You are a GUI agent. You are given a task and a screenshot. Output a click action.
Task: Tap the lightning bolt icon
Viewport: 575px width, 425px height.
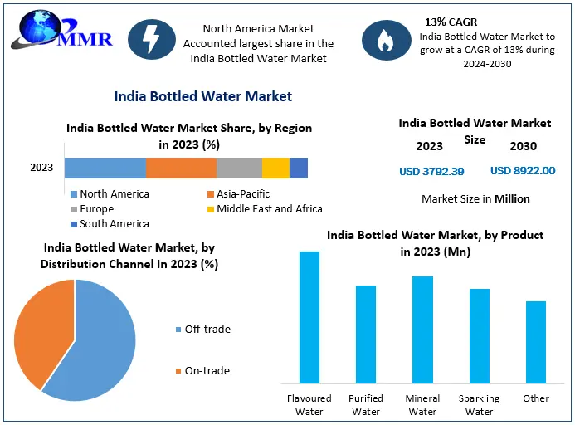pyautogui.click(x=152, y=39)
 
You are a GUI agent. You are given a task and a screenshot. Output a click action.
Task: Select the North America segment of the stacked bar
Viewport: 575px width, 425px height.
pyautogui.click(x=105, y=168)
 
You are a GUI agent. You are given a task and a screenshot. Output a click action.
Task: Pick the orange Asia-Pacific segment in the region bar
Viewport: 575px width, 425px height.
pyautogui.click(x=181, y=168)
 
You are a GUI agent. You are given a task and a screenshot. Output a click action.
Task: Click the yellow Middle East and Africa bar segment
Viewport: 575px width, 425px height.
pyautogui.click(x=275, y=168)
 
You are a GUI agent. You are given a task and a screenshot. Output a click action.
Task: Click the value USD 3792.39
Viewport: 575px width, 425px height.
pyautogui.click(x=431, y=172)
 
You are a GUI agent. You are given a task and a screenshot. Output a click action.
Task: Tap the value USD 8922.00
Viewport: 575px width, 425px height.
pyautogui.click(x=523, y=171)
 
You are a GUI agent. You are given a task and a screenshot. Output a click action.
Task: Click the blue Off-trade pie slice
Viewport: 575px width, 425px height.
pyautogui.click(x=95, y=344)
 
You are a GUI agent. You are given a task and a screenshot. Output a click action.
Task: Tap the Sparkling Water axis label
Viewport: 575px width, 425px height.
pyautogui.click(x=479, y=405)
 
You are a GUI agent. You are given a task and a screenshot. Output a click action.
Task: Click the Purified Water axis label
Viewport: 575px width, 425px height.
pyautogui.click(x=366, y=405)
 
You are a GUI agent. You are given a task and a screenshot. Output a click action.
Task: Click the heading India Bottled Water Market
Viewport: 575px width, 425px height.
pyautogui.click(x=203, y=96)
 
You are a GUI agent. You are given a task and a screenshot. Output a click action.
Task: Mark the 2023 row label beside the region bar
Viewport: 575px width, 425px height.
pyautogui.click(x=41, y=168)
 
